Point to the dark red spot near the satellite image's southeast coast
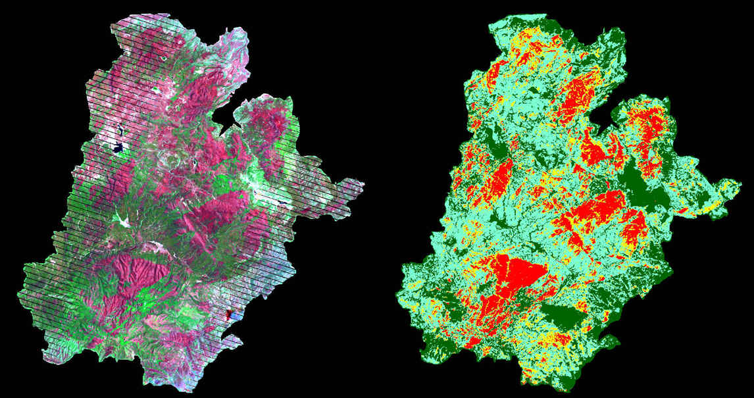(229, 315)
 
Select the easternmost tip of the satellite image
(363, 182)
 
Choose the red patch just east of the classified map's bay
(651, 125)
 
